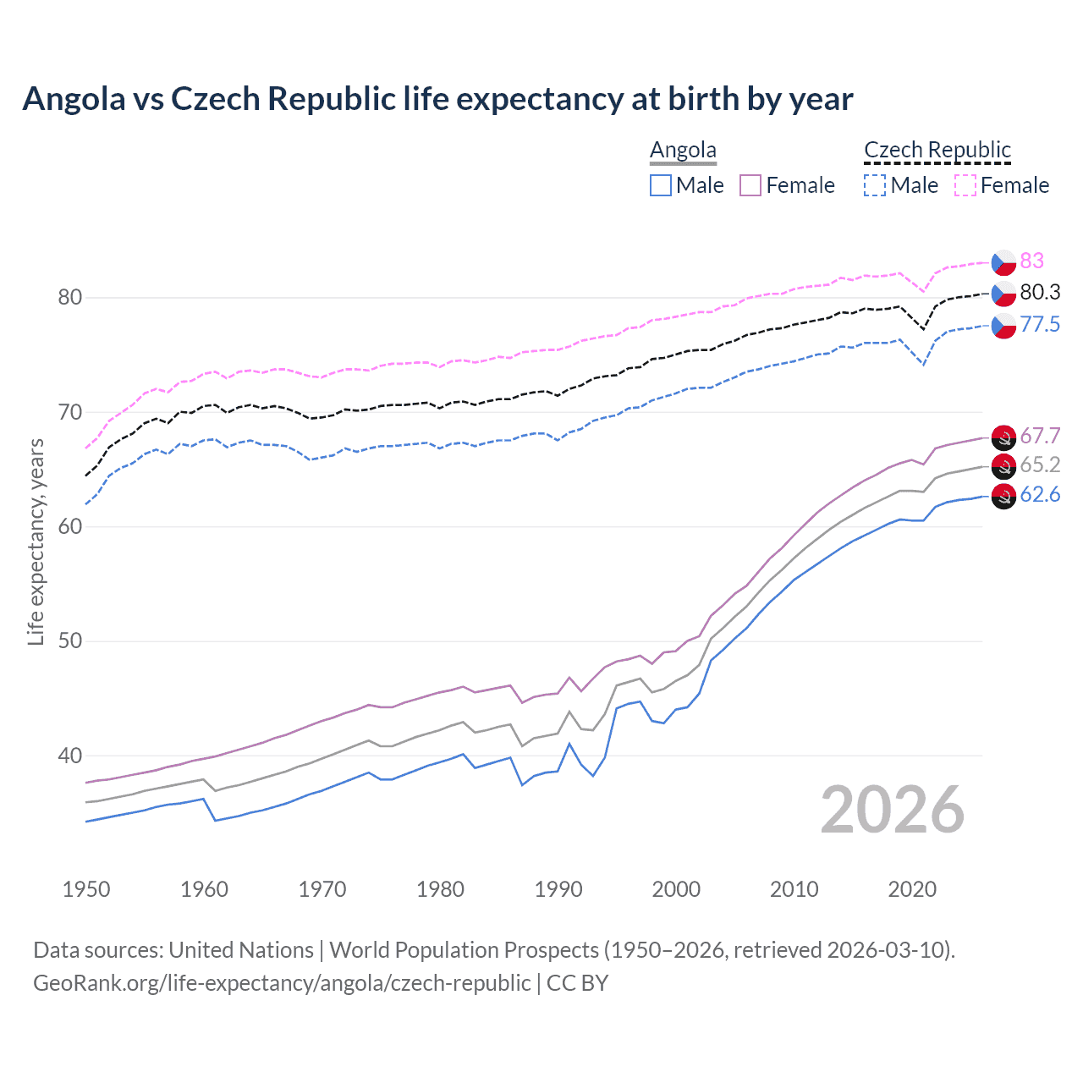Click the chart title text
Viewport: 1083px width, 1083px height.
pyautogui.click(x=437, y=99)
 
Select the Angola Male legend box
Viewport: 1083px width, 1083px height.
pyautogui.click(x=661, y=185)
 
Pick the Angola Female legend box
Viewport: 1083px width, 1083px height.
pyautogui.click(x=750, y=185)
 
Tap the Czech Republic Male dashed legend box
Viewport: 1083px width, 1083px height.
pyautogui.click(x=875, y=185)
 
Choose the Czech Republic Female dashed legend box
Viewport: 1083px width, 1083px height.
pyautogui.click(x=965, y=185)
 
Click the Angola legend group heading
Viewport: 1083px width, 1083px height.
pyautogui.click(x=683, y=150)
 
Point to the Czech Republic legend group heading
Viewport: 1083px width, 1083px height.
pyautogui.click(x=937, y=150)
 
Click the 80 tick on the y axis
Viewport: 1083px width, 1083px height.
pyautogui.click(x=70, y=298)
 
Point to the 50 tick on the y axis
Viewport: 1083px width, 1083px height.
pyautogui.click(x=70, y=641)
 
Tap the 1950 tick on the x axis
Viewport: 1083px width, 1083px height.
pyautogui.click(x=86, y=889)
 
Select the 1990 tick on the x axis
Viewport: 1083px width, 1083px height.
pyautogui.click(x=558, y=889)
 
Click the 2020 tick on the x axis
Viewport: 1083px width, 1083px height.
pyautogui.click(x=912, y=889)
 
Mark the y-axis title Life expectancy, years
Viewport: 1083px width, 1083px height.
pyautogui.click(x=36, y=541)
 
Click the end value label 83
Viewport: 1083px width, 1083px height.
pyautogui.click(x=1031, y=261)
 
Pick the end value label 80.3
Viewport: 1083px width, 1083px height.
pyautogui.click(x=1040, y=293)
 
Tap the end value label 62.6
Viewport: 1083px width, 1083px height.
pyautogui.click(x=1040, y=495)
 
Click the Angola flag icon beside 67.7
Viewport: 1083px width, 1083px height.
pyautogui.click(x=1003, y=437)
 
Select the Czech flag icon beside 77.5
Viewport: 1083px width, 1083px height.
pyautogui.click(x=1003, y=325)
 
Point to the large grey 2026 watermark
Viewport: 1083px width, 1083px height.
pyautogui.click(x=893, y=810)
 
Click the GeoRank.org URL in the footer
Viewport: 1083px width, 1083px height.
pyautogui.click(x=282, y=983)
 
